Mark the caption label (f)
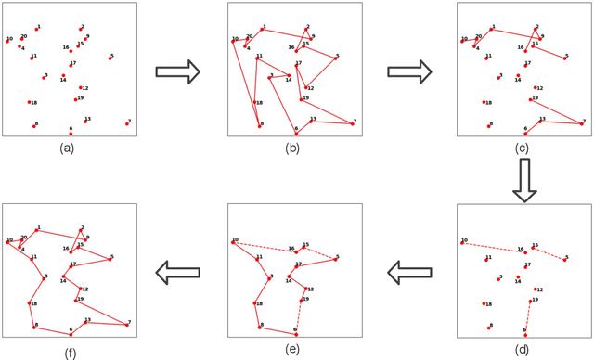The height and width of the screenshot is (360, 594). click(67, 350)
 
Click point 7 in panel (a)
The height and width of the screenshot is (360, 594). click(126, 123)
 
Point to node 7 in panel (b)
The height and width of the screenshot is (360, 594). click(354, 122)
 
